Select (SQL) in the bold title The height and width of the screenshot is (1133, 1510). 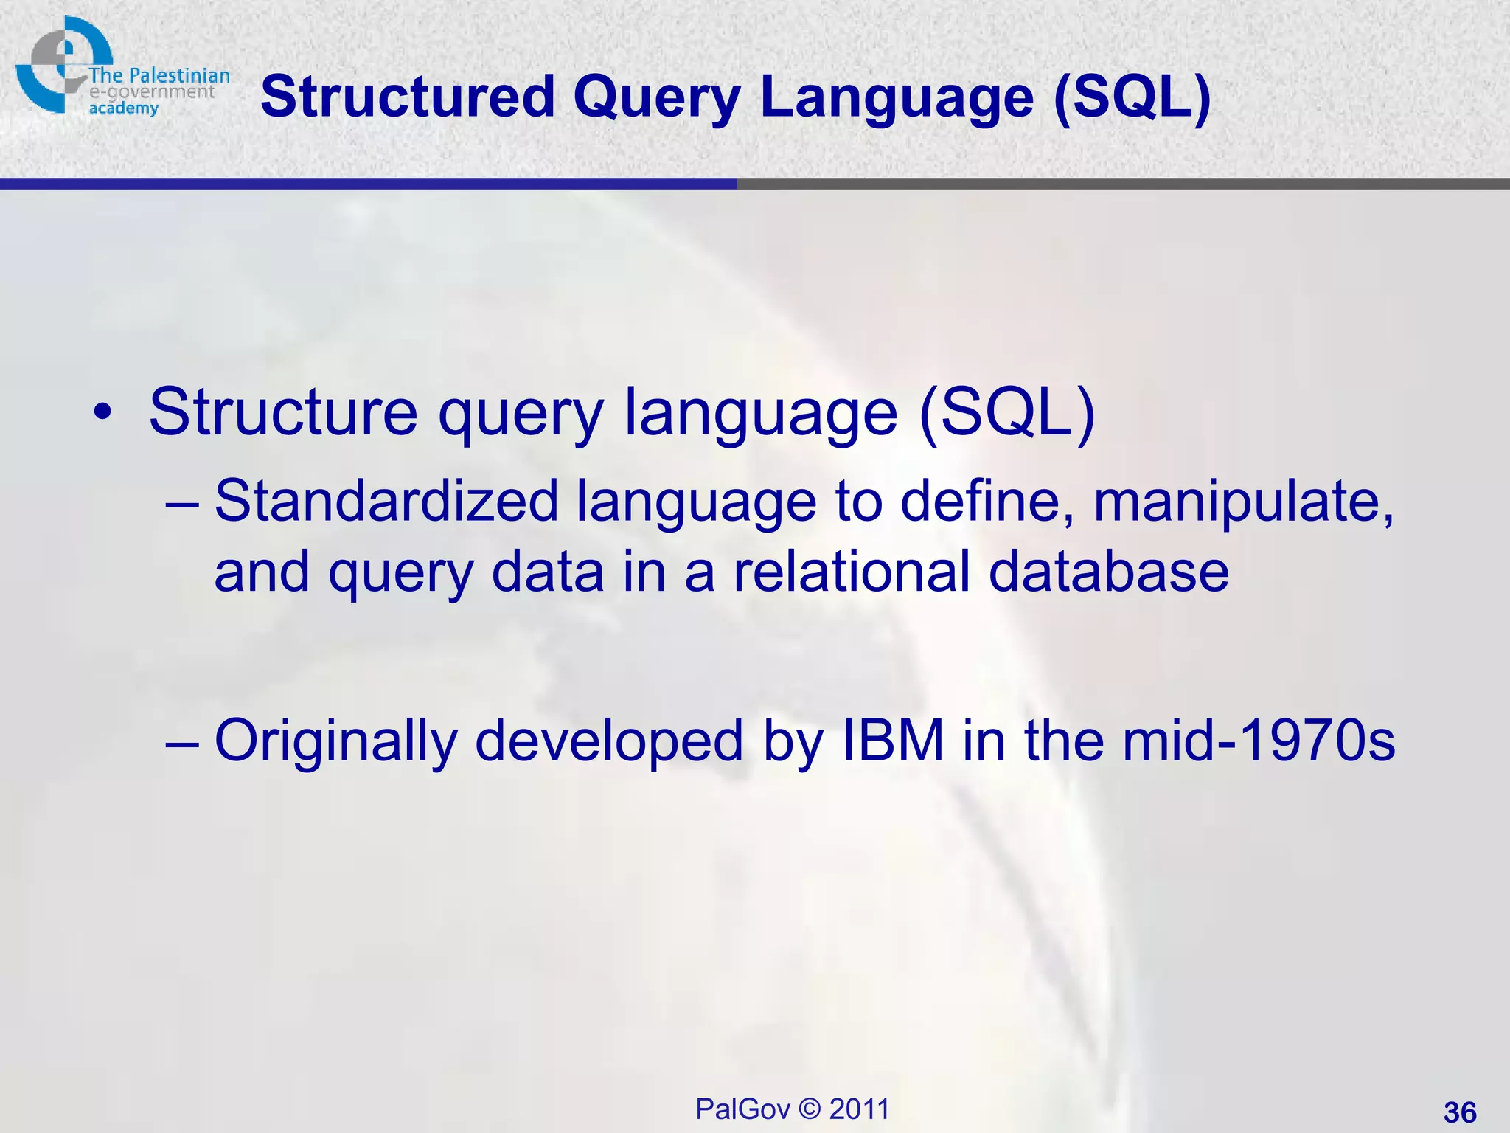point(1132,98)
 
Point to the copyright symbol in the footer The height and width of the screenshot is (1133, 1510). point(810,1109)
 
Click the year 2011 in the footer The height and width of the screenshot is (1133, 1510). point(860,1109)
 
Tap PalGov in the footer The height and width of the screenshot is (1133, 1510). point(742,1109)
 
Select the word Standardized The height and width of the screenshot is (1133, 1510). point(386,501)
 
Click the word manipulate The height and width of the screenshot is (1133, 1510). point(1243,501)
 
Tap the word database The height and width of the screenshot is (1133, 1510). point(1108,572)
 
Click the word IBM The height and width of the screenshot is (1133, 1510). point(892,740)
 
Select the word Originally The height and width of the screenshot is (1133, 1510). point(335,741)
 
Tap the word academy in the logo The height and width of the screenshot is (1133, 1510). point(123,109)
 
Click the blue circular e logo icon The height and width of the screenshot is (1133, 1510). point(59,65)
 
